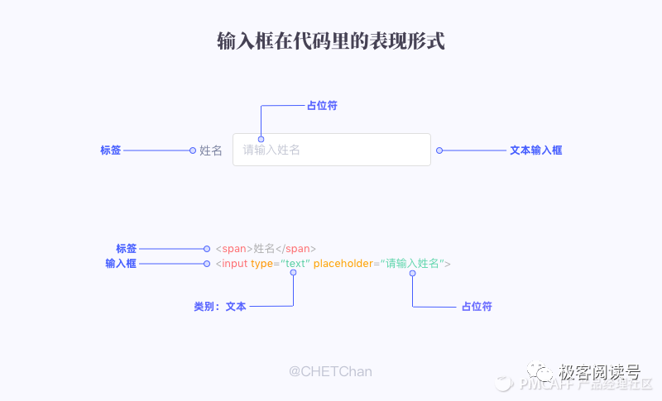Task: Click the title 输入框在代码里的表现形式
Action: (x=331, y=41)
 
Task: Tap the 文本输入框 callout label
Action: (x=535, y=150)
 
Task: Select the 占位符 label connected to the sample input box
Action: (x=322, y=106)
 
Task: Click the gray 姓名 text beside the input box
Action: (x=211, y=150)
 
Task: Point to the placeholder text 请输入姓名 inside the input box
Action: (x=271, y=150)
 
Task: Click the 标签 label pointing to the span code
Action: (x=126, y=248)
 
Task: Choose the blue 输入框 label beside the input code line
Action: (x=121, y=263)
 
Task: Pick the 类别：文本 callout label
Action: (x=220, y=306)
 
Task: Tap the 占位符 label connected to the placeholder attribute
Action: (x=477, y=306)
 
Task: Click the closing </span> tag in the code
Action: (x=295, y=248)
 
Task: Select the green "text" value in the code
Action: (x=295, y=263)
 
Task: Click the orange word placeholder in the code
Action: (x=342, y=263)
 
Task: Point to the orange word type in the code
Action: (x=261, y=263)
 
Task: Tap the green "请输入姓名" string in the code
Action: (x=410, y=263)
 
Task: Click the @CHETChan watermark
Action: (x=330, y=372)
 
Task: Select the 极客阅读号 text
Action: (x=599, y=370)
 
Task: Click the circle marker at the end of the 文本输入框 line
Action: (x=439, y=150)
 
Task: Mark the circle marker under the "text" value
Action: (x=293, y=273)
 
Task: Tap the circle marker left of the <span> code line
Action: (x=207, y=248)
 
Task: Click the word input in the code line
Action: (x=234, y=263)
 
